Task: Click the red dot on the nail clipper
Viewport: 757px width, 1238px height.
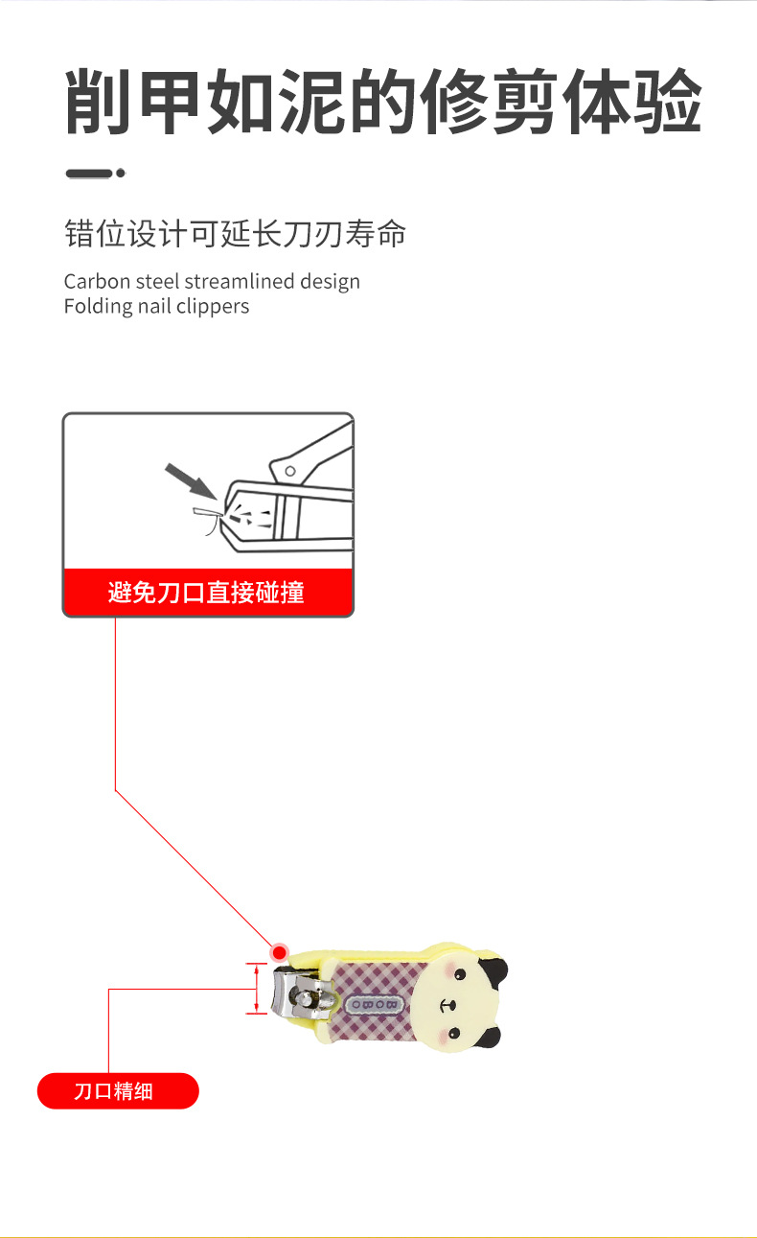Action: (279, 952)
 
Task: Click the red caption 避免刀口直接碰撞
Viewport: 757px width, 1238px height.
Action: (207, 593)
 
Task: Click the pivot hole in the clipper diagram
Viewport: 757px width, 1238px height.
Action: (288, 471)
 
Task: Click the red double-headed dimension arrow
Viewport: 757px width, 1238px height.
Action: (256, 989)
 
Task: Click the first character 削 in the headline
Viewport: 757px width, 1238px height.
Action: (99, 103)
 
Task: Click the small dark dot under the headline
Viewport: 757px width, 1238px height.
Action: (121, 174)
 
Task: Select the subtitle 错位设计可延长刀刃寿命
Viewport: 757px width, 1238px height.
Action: (235, 233)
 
